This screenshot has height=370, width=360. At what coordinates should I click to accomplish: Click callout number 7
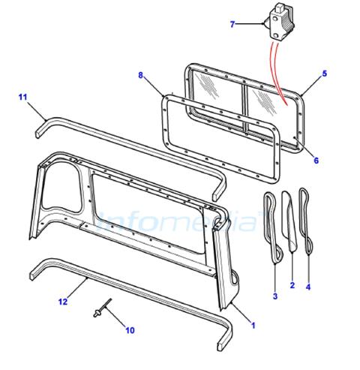click(x=232, y=24)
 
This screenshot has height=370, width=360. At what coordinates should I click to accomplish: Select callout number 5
click(x=324, y=74)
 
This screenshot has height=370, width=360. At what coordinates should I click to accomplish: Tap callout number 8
click(x=141, y=75)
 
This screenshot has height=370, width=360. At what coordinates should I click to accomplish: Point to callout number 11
click(x=22, y=97)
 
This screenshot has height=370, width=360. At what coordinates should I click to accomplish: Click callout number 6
click(x=316, y=161)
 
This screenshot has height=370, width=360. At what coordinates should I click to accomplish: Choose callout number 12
click(x=63, y=302)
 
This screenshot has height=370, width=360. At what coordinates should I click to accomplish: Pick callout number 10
click(x=130, y=330)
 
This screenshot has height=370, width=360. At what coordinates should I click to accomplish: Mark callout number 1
click(x=253, y=326)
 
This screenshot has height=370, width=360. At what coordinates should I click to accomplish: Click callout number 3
click(x=275, y=296)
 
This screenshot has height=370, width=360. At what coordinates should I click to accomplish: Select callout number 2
click(x=292, y=285)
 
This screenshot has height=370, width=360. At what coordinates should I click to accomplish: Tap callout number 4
click(x=308, y=287)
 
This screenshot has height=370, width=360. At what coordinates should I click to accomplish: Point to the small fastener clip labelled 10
click(x=102, y=308)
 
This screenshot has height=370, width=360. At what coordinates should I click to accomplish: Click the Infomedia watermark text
click(x=178, y=221)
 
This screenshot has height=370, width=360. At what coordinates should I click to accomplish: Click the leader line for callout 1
click(x=241, y=311)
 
